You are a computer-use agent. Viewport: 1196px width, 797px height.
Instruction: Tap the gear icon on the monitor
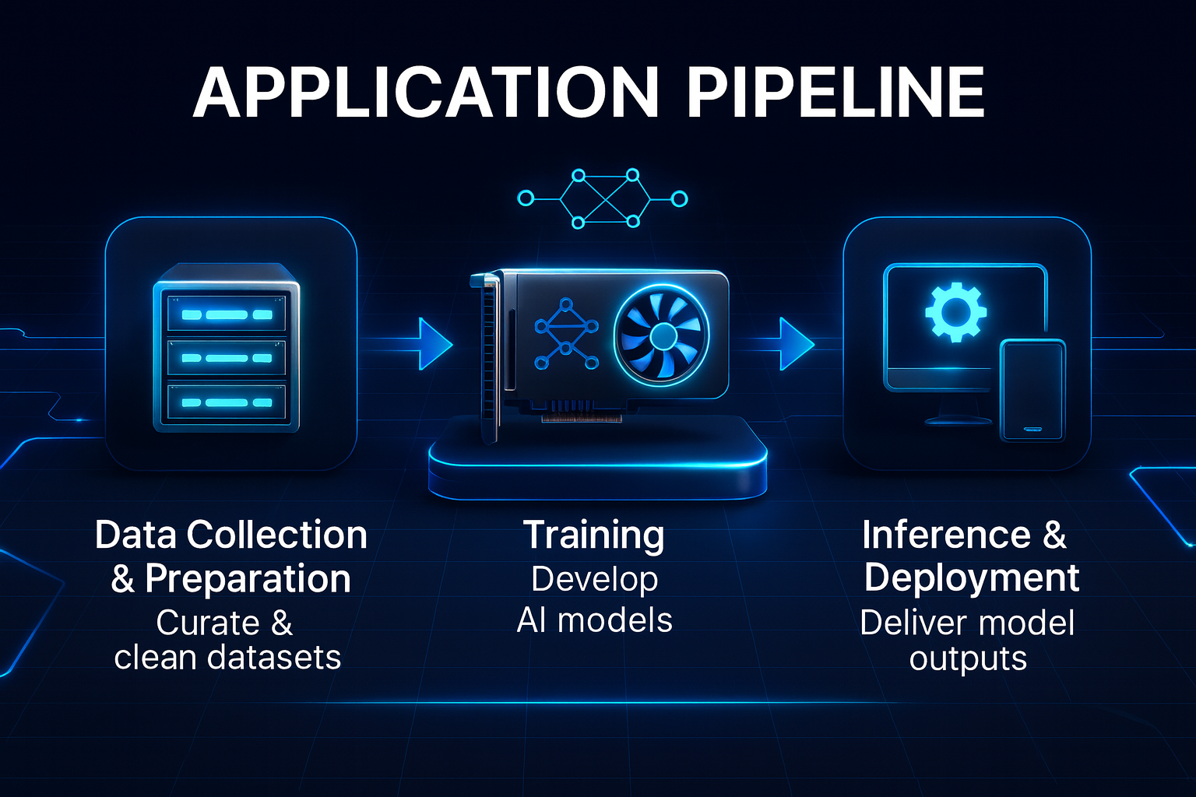tap(955, 312)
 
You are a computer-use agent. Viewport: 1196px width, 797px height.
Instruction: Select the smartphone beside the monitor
tap(1032, 389)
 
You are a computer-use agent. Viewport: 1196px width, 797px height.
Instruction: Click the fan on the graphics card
tap(662, 335)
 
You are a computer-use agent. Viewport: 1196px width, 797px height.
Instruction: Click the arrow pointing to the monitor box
tap(795, 343)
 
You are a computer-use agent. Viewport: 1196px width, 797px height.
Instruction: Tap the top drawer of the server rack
tap(227, 314)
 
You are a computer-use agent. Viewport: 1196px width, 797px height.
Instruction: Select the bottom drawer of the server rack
tap(227, 402)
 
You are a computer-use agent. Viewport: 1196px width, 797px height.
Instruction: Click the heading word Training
tap(594, 535)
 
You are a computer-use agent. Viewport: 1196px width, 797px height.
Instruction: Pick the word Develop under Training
tap(594, 579)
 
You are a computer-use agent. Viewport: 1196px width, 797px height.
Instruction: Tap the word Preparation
tap(248, 579)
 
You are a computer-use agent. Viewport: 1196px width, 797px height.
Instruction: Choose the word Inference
tap(946, 535)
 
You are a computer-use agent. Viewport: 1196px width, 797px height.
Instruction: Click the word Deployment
tap(971, 578)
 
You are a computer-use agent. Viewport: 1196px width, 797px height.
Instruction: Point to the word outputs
tap(968, 658)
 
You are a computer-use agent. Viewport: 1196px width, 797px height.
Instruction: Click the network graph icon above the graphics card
tap(603, 198)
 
